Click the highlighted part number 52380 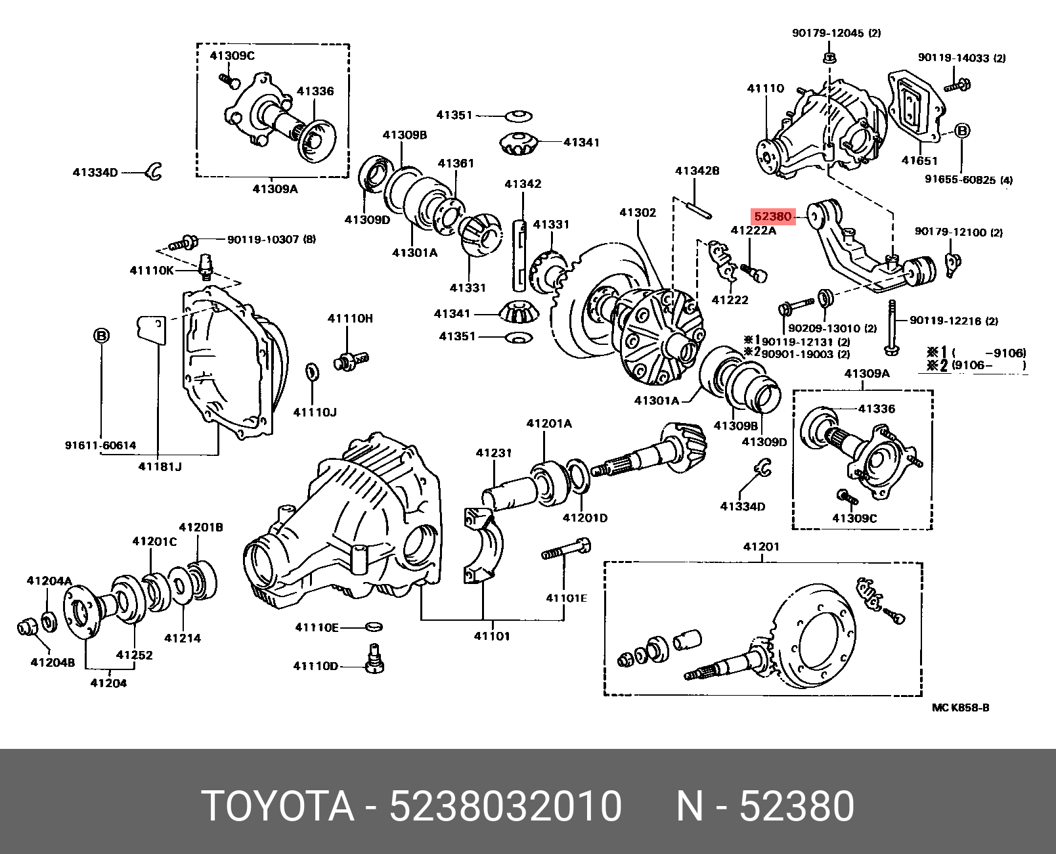pyautogui.click(x=773, y=216)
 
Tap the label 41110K pyautogui.click(x=152, y=270)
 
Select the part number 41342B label pyautogui.click(x=697, y=171)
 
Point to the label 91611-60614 pyautogui.click(x=100, y=445)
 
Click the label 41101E pyautogui.click(x=566, y=598)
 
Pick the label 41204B pyautogui.click(x=53, y=662)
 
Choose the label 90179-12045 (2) pyautogui.click(x=836, y=33)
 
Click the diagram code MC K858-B pyautogui.click(x=960, y=708)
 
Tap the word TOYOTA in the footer pyautogui.click(x=278, y=806)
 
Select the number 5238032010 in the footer pyautogui.click(x=505, y=806)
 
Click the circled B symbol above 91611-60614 pyautogui.click(x=101, y=336)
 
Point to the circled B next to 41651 pyautogui.click(x=961, y=131)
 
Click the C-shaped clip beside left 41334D pyautogui.click(x=155, y=171)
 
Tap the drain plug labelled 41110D pyautogui.click(x=375, y=660)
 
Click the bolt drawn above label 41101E pyautogui.click(x=565, y=549)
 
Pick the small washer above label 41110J pyautogui.click(x=313, y=371)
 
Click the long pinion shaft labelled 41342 pyautogui.click(x=519, y=256)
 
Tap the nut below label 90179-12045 pyautogui.click(x=829, y=57)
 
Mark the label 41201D pyautogui.click(x=585, y=518)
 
